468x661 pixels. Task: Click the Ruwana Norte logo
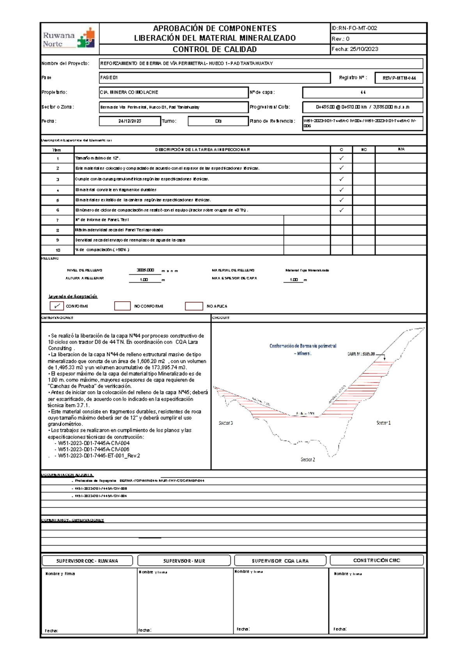[69, 39]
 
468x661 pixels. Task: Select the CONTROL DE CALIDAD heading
[214, 49]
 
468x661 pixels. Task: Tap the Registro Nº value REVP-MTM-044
[399, 78]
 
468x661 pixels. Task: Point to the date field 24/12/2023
[130, 121]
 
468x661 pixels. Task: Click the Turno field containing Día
[218, 121]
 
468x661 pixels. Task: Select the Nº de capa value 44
[363, 92]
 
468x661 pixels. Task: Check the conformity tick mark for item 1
[341, 158]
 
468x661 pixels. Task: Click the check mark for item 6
[341, 210]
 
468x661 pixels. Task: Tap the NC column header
[364, 150]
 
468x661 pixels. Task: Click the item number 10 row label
[58, 250]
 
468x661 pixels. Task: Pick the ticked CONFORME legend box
[57, 306]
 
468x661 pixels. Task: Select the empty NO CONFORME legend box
[122, 306]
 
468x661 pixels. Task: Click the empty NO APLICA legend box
[194, 306]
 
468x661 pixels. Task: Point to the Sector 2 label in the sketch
[308, 460]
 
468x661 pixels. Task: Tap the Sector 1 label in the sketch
[383, 422]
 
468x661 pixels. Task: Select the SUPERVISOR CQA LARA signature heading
[280, 561]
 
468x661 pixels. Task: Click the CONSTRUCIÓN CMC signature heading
[377, 560]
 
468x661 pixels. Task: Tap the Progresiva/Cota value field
[363, 107]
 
